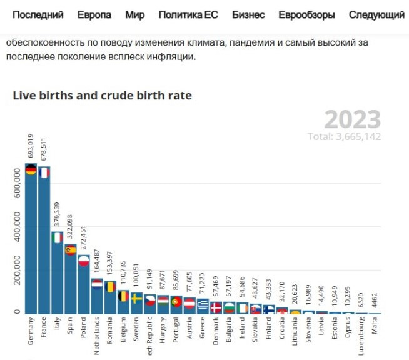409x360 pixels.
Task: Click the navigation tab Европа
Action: [94, 14]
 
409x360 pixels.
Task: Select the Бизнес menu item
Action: [248, 14]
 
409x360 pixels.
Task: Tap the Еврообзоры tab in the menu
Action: [306, 14]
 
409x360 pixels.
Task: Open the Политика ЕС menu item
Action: [188, 14]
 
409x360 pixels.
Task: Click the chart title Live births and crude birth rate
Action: [102, 95]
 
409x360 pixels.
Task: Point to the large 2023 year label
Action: [352, 119]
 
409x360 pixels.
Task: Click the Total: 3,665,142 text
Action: [344, 136]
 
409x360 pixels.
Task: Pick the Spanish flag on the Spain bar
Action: [70, 250]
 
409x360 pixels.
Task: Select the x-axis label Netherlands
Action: [97, 335]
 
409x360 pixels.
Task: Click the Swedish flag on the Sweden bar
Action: [136, 298]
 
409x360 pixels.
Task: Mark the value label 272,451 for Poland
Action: [84, 239]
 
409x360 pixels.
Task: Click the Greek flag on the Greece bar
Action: [203, 305]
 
